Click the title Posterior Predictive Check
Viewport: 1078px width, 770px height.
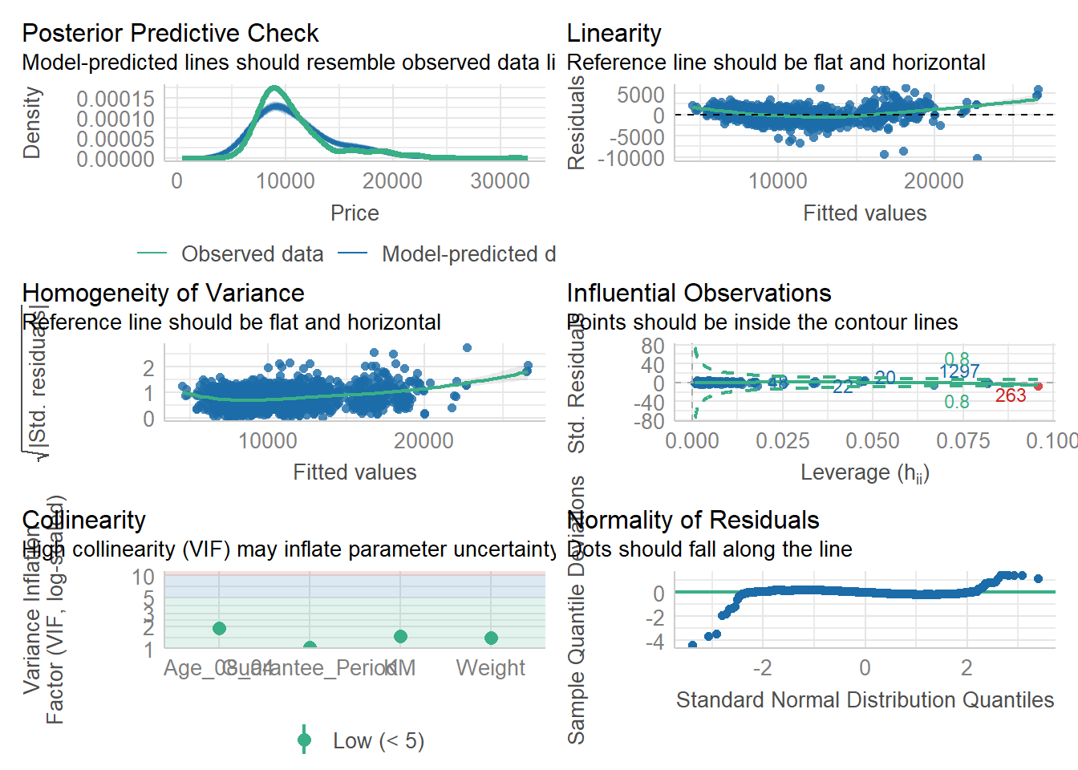(170, 33)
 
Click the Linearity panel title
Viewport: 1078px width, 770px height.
(614, 33)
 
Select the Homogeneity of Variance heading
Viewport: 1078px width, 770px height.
(163, 293)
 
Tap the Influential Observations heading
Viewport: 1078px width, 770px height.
(699, 293)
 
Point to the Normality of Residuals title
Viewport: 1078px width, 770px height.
(693, 520)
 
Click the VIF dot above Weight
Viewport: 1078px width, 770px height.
(491, 638)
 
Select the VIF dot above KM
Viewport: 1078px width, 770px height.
(400, 636)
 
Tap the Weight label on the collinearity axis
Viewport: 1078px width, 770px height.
(490, 668)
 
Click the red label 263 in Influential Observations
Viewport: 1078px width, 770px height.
(1011, 395)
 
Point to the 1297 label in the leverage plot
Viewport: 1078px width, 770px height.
(959, 371)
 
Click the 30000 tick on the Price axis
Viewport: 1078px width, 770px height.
(500, 181)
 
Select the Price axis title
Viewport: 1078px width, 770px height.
(355, 213)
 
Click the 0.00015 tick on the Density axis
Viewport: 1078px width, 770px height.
(115, 99)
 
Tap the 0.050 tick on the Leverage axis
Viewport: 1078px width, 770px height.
(872, 441)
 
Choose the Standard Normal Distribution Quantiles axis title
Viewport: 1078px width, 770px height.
(865, 700)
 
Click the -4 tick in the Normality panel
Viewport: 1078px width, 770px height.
(659, 642)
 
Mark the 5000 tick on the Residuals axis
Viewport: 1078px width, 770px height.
(640, 95)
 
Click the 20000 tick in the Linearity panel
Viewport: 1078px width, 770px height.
(934, 181)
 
